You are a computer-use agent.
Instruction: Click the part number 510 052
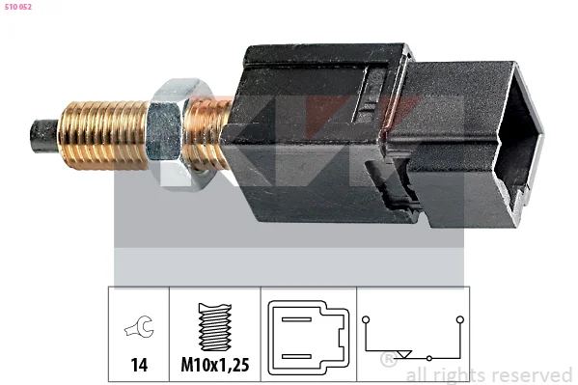pyautogui.click(x=18, y=7)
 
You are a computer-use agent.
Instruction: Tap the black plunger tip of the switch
pyautogui.click(x=43, y=136)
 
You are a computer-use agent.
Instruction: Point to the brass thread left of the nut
pyautogui.click(x=103, y=135)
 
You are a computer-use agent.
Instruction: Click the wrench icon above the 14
pyautogui.click(x=139, y=326)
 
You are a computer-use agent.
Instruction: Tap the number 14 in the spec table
pyautogui.click(x=139, y=365)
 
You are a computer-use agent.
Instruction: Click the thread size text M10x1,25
pyautogui.click(x=215, y=365)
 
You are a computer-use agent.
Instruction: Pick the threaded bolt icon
pyautogui.click(x=215, y=327)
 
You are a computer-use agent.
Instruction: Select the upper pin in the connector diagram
pyautogui.click(x=296, y=319)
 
